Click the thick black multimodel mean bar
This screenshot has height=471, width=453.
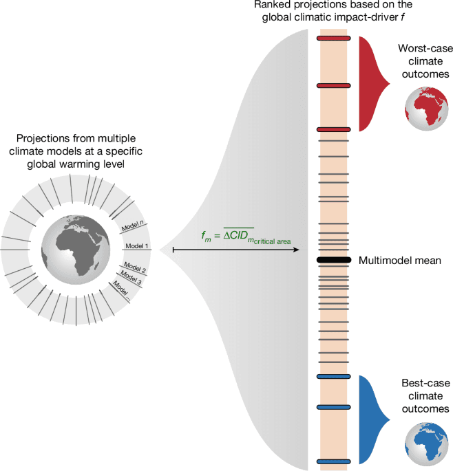tap(334, 261)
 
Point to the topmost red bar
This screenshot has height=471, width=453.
tap(334, 39)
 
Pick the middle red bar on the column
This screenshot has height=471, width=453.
tap(334, 85)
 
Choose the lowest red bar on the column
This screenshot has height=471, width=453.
tap(334, 129)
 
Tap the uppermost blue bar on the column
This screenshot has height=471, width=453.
tap(334, 376)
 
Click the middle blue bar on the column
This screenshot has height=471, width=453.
tap(334, 407)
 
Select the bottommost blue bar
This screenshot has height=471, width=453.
tap(334, 461)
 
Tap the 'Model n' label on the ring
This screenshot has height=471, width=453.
tap(132, 227)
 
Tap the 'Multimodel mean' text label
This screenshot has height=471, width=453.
tap(399, 261)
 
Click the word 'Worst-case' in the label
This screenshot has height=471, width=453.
tap(423, 49)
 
